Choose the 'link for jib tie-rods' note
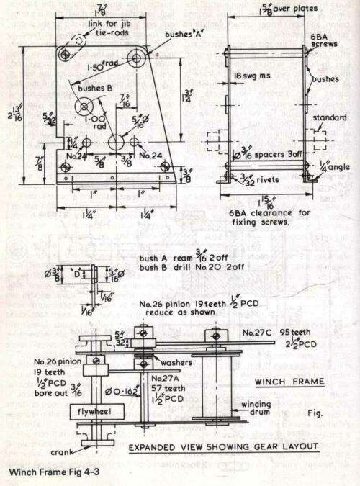point(91,28)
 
